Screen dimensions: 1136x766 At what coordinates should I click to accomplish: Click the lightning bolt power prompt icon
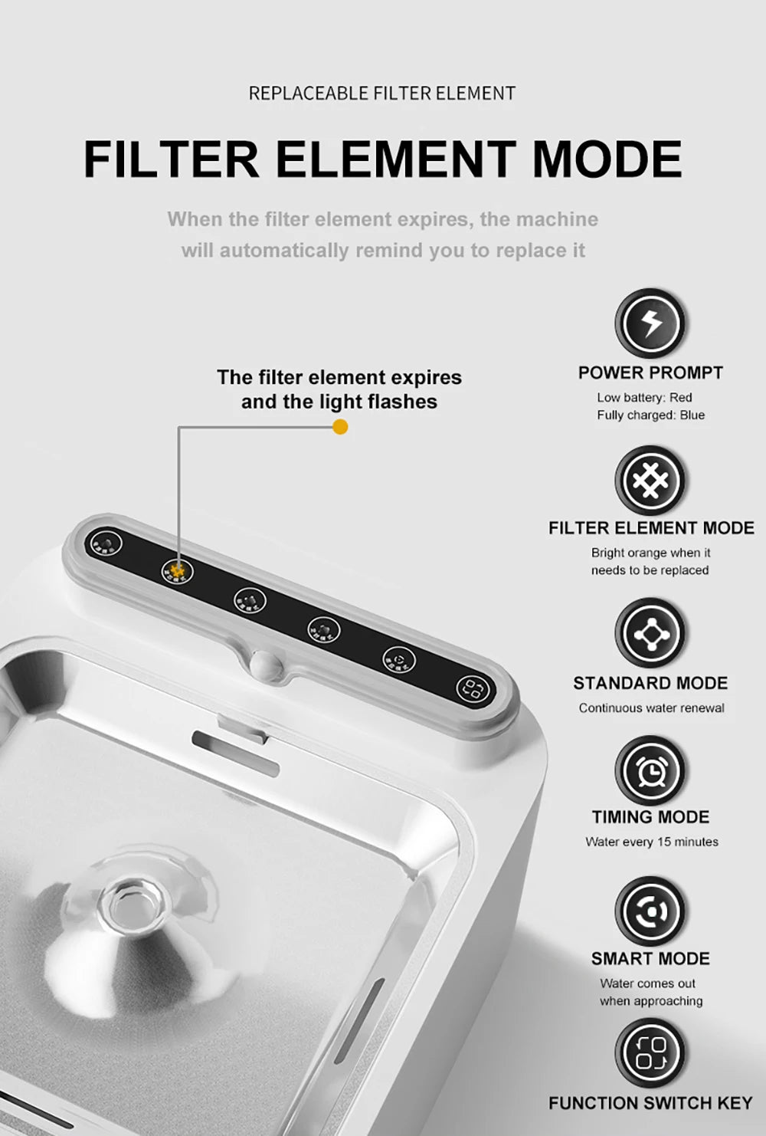650,323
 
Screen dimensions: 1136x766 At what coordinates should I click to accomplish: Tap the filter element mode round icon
650,481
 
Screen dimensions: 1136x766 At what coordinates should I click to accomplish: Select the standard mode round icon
650,633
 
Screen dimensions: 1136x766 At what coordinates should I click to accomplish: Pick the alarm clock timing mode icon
650,770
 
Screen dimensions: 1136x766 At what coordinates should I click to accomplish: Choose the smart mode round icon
650,911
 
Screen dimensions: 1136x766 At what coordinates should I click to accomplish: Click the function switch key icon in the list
650,1052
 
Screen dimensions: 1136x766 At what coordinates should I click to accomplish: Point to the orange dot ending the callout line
341,427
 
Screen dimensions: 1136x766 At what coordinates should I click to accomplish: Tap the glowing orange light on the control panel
178,570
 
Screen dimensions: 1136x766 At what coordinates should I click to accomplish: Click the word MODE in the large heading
606,159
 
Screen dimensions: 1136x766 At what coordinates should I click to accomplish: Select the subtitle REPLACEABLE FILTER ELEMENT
382,94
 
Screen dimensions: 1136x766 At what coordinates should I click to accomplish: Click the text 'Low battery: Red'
644,398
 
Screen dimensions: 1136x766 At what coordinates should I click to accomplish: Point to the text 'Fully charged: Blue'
650,415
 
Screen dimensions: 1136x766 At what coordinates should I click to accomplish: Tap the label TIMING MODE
650,817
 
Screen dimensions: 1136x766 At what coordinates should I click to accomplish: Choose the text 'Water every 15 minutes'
652,842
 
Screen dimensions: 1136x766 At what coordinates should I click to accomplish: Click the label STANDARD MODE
650,683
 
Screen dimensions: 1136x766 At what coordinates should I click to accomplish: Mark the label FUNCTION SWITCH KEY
650,1103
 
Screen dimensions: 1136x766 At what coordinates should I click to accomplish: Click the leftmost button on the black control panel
103,543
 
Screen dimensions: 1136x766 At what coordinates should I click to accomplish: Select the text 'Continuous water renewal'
651,708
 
